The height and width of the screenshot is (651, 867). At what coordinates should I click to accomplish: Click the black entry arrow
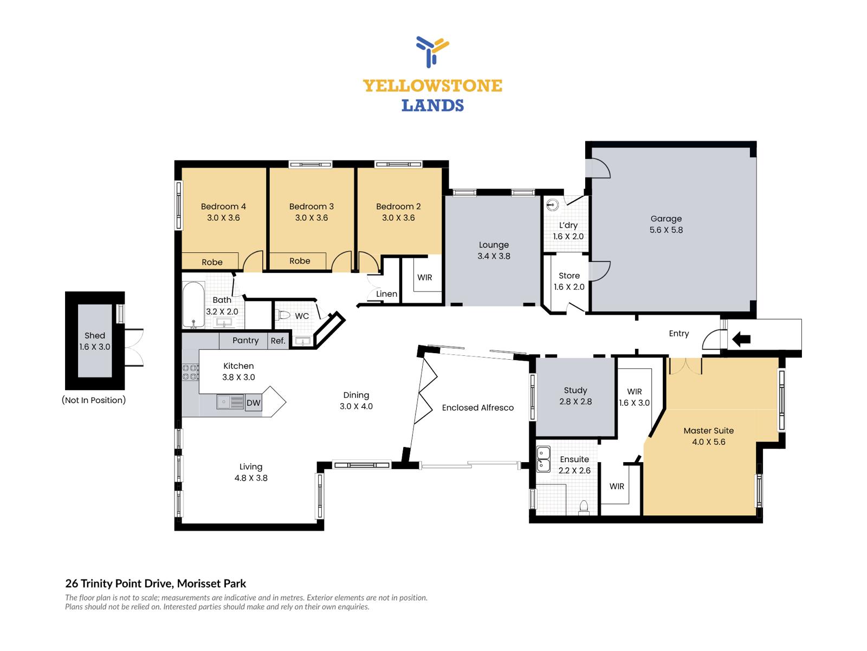[741, 339]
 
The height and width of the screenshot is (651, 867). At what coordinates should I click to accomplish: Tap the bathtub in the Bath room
[193, 304]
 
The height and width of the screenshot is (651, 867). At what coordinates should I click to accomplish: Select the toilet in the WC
[283, 315]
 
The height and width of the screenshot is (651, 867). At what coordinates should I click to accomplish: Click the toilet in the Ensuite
[584, 507]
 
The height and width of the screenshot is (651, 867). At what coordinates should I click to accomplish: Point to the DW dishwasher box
[253, 403]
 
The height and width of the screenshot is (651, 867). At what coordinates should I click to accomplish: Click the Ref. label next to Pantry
[278, 341]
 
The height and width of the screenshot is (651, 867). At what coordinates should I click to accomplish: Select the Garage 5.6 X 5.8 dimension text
[666, 229]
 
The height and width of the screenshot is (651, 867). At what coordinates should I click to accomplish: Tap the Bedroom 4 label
[223, 206]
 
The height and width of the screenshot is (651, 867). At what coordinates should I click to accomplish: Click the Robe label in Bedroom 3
[300, 261]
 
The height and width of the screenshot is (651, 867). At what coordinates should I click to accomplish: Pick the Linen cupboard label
[386, 293]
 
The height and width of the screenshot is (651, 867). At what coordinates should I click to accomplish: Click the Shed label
[95, 336]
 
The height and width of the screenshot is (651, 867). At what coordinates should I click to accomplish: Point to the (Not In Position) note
[94, 400]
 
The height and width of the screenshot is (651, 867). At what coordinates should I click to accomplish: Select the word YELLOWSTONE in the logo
[432, 86]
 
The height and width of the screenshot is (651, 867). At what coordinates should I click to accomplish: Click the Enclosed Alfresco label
[477, 407]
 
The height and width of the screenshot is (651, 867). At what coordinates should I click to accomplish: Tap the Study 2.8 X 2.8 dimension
[575, 401]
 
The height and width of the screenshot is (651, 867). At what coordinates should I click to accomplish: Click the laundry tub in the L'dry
[553, 205]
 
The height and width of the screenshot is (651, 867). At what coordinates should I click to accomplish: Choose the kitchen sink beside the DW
[230, 402]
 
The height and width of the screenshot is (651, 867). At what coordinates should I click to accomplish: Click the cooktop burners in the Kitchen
[190, 372]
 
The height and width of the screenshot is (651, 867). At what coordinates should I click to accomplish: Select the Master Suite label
[709, 430]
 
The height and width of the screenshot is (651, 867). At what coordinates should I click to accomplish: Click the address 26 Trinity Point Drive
[119, 583]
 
